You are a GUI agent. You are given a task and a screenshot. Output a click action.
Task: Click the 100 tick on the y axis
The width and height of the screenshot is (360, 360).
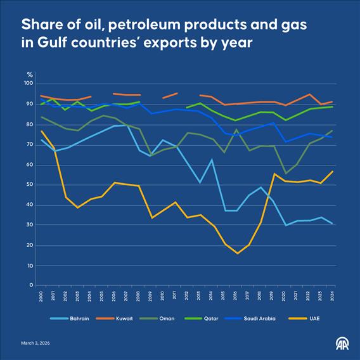(29, 84)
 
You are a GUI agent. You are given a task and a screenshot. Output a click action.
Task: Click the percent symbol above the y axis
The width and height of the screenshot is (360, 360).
(29, 75)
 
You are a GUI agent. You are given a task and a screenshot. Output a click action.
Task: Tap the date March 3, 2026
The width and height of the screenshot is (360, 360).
(36, 343)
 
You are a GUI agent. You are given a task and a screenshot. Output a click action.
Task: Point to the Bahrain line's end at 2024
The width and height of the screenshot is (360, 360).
(332, 223)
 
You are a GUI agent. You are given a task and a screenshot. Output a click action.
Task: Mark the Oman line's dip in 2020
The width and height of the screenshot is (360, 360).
(285, 173)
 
